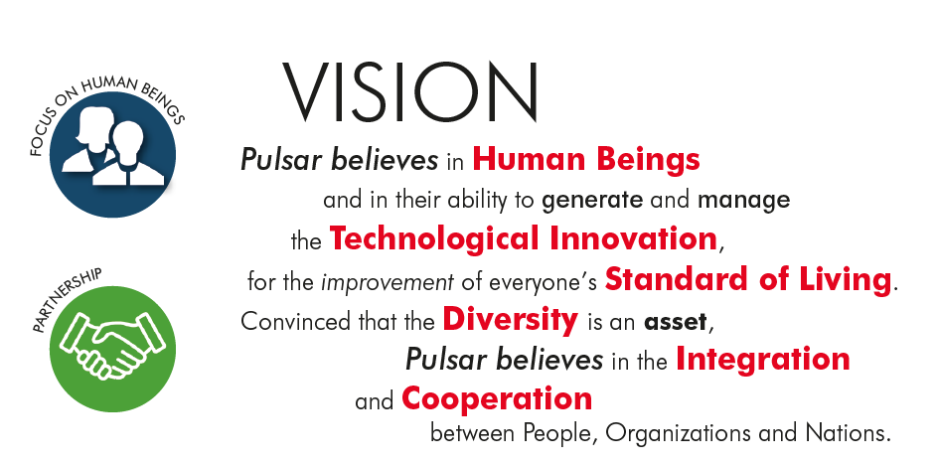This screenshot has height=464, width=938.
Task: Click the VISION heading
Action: point(409,91)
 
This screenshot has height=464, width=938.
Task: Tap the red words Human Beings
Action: point(586,160)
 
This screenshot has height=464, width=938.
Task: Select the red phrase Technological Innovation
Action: point(523,238)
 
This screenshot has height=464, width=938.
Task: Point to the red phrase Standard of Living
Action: point(748,279)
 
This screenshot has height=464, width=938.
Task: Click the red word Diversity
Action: point(511,320)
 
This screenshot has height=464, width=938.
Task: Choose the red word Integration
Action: point(763,359)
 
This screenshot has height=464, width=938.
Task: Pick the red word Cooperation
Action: point(497,398)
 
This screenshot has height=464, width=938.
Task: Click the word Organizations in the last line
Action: point(679,433)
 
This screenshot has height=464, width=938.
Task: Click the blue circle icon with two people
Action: point(112,154)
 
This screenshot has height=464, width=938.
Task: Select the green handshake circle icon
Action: point(112,349)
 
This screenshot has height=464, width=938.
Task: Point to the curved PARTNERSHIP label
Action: point(67,301)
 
